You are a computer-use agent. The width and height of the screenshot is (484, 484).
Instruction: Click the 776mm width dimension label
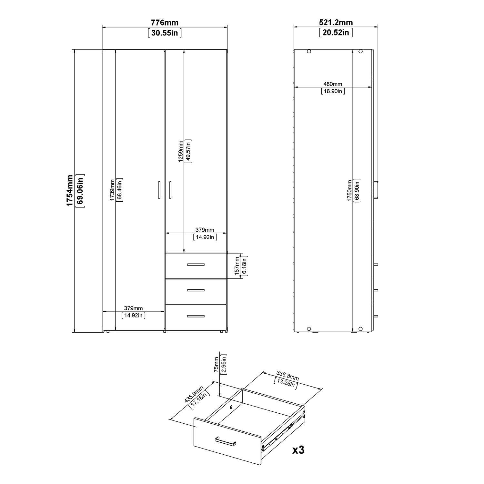pyautogui.click(x=165, y=23)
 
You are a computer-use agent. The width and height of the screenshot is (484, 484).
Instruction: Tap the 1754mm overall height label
pyautogui.click(x=70, y=191)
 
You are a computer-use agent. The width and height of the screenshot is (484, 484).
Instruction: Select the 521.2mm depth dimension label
pyautogui.click(x=336, y=23)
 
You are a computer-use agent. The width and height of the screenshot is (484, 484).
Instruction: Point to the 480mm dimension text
pyautogui.click(x=333, y=84)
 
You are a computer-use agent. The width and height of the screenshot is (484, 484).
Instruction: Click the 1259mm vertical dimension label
pyautogui.click(x=181, y=151)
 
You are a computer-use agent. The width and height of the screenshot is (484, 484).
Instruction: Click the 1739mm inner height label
pyautogui.click(x=112, y=190)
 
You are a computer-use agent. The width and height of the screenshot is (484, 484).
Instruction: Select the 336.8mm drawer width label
pyautogui.click(x=287, y=376)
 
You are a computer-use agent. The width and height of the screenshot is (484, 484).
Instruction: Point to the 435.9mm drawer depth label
pyautogui.click(x=194, y=394)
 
